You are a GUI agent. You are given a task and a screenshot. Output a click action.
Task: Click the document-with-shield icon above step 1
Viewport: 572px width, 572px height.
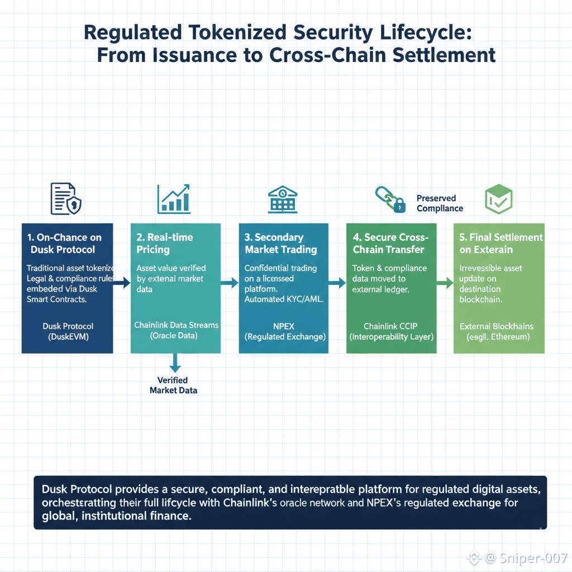[x=66, y=198]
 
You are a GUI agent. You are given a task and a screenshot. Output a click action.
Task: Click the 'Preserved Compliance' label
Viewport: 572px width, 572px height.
[x=439, y=203]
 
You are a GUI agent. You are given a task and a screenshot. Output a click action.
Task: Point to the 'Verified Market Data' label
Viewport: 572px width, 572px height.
[x=173, y=385]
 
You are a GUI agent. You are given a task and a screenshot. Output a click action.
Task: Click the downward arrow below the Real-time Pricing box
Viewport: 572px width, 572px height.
[x=175, y=363]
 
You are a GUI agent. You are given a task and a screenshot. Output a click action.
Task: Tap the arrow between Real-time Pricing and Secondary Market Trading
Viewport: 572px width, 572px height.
[x=230, y=283]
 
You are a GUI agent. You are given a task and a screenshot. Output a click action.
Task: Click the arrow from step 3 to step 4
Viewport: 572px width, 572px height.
[x=337, y=283]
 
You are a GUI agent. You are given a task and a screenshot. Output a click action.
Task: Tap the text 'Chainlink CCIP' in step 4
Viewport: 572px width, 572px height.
[x=390, y=326]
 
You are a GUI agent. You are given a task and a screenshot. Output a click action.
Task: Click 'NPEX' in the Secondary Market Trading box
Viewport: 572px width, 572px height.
[x=283, y=326]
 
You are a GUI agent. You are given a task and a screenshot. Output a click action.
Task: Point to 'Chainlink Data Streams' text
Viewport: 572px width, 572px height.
[x=177, y=325]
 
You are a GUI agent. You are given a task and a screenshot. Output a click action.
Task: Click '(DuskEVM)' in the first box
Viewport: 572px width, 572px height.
[x=68, y=336]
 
